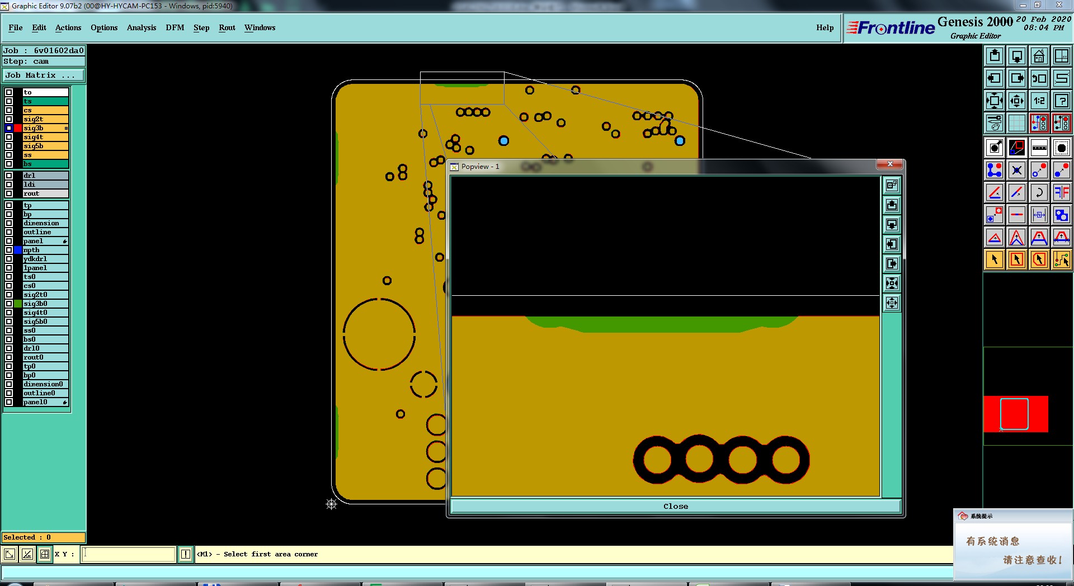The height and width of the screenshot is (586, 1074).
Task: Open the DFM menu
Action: point(175,27)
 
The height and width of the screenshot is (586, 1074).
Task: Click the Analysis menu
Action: point(142,27)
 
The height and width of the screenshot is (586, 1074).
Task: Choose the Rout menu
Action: point(227,27)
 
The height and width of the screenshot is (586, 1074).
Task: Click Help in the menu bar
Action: point(825,27)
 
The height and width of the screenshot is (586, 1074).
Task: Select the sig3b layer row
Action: point(45,128)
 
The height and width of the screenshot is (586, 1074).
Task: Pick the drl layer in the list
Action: point(45,176)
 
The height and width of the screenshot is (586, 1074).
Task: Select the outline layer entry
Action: point(45,232)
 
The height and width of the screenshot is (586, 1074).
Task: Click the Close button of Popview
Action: point(676,506)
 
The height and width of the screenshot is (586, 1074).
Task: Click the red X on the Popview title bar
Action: point(889,164)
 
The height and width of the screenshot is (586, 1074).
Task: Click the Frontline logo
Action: point(891,27)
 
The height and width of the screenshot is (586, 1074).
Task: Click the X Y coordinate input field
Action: point(129,554)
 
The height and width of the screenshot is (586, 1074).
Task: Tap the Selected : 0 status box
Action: point(44,537)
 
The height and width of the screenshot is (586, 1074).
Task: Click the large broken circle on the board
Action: point(379,299)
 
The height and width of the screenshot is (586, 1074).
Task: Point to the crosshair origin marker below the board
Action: point(332,504)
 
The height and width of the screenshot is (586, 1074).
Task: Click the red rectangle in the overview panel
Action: point(1016,414)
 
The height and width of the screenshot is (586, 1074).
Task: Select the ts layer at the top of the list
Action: point(45,101)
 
